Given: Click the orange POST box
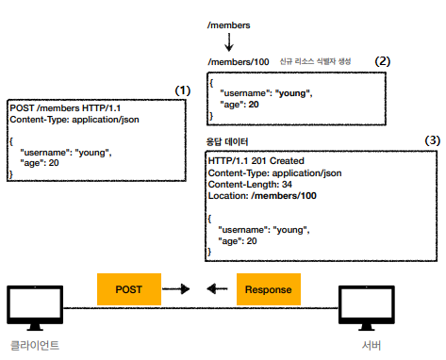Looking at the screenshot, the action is point(129,289).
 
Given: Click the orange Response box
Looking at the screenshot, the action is point(269,289).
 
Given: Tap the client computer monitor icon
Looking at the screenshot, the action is point(35,307).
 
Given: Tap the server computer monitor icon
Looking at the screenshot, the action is point(367,307).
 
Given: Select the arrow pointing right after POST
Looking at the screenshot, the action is point(176,289).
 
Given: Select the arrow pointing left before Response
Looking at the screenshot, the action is point(217,288).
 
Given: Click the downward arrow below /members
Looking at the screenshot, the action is point(229,42).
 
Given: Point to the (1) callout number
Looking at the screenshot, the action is point(183,90).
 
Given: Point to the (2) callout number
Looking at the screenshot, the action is point(383,61).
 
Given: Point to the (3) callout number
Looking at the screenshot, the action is point(433,140).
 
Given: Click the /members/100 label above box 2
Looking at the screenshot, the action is point(239,62).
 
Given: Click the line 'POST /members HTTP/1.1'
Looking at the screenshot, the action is point(65,108).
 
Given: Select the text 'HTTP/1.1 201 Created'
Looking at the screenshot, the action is point(256,161).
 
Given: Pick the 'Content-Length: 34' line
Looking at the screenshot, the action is point(250,185).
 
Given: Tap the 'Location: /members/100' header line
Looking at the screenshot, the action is point(262,196).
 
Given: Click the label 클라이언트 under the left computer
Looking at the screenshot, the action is point(35,346).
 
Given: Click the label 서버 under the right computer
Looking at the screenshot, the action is point(372,346).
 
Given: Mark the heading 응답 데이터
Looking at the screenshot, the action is point(227,141).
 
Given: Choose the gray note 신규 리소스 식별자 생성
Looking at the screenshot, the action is point(315,61).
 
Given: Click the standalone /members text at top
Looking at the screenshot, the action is point(229,25).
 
